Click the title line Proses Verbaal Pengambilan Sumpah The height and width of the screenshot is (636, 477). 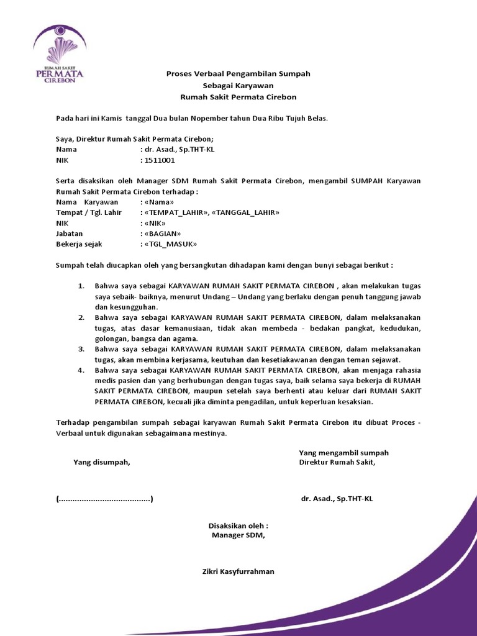click(x=238, y=73)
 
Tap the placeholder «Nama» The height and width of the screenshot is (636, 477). click(x=159, y=202)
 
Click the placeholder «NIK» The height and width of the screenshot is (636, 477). click(x=155, y=223)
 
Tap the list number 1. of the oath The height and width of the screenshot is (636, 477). click(x=81, y=286)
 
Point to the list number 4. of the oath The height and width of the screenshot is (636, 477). click(x=81, y=370)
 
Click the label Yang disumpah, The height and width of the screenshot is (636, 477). click(x=102, y=462)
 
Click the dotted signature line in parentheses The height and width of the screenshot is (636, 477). click(x=104, y=499)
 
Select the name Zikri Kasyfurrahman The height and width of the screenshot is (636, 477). click(x=238, y=571)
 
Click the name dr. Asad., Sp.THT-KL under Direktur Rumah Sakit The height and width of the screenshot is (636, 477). click(x=337, y=499)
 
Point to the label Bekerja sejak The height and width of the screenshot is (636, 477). click(x=79, y=244)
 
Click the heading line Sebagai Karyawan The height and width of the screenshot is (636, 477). click(x=238, y=85)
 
